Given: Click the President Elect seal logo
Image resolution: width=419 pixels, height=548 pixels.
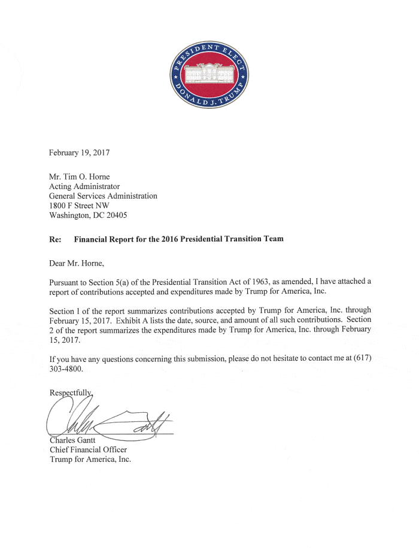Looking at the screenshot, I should pyautogui.click(x=210, y=74).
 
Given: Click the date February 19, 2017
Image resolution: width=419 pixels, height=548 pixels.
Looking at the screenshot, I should pyautogui.click(x=79, y=153).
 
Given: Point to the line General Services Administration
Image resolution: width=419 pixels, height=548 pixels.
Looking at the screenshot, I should pyautogui.click(x=103, y=196).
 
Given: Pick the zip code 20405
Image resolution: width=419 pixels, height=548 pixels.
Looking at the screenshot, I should pyautogui.click(x=131, y=215).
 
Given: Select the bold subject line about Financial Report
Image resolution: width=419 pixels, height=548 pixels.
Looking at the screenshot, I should pyautogui.click(x=178, y=239).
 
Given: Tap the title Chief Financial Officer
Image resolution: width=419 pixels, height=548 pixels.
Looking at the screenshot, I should pyautogui.click(x=87, y=450).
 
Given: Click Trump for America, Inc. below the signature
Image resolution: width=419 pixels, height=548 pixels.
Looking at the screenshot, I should pyautogui.click(x=90, y=459).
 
